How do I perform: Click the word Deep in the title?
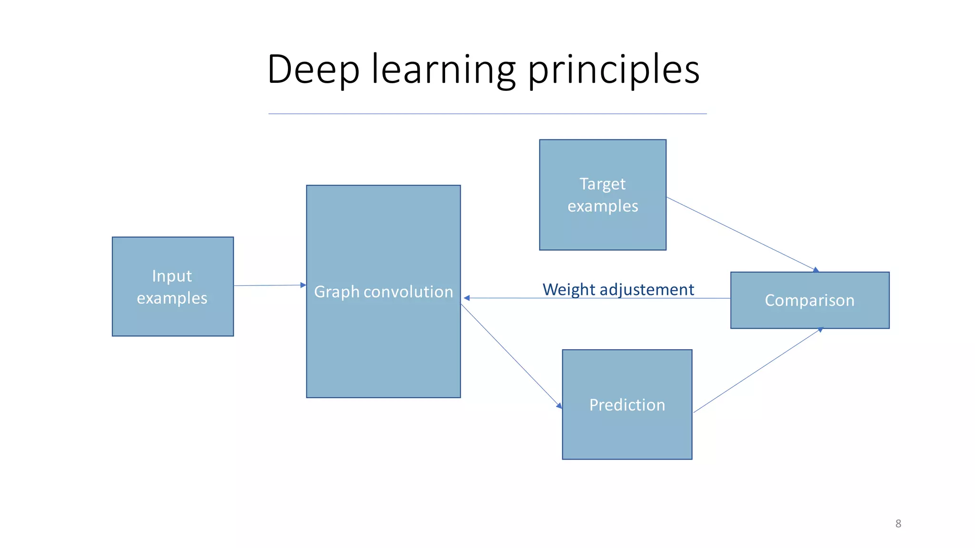coord(313,69)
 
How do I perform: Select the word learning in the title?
coord(443,69)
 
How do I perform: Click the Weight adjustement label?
coord(618,289)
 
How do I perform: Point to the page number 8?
coord(898,524)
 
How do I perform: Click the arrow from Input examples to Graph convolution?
coord(269,285)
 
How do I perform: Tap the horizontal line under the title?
coord(487,114)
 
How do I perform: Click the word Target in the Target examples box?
coord(602,184)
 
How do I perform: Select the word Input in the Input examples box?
coord(172,276)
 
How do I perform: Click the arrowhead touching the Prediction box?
coord(559,405)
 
